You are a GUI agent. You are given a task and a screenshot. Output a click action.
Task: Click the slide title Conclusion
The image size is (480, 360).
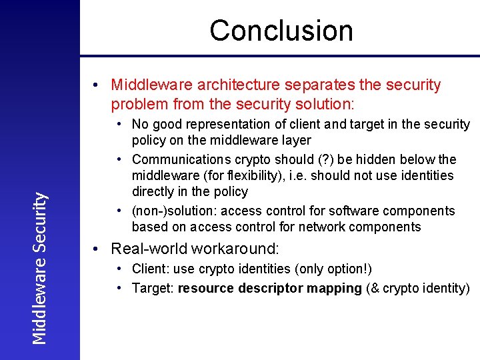coord(281,31)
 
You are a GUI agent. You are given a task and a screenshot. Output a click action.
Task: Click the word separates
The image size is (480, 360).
coord(319,85)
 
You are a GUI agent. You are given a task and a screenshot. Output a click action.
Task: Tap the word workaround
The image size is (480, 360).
coord(235,249)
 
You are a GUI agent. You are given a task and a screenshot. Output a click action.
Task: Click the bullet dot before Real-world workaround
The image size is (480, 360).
coord(97,249)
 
